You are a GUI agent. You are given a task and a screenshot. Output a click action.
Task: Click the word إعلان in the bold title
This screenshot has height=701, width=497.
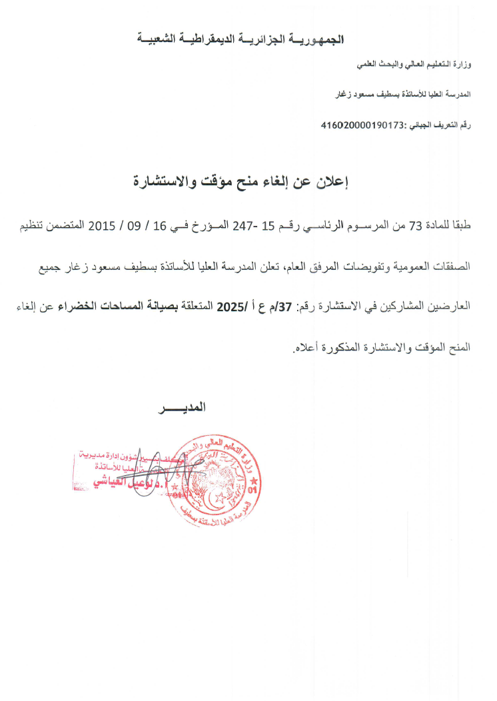[336, 181]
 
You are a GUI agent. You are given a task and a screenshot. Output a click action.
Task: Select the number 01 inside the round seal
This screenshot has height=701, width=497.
[251, 491]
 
